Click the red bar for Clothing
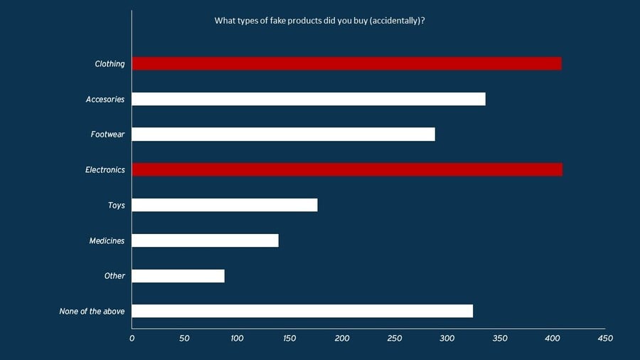pyautogui.click(x=346, y=64)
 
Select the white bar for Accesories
pyautogui.click(x=309, y=99)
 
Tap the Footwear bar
pyautogui.click(x=283, y=134)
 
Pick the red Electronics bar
pyautogui.click(x=347, y=169)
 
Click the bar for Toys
pyautogui.click(x=225, y=205)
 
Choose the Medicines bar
pyautogui.click(x=205, y=240)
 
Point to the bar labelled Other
pyautogui.click(x=178, y=276)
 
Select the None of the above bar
pyautogui.click(x=302, y=311)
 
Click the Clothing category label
pyautogui.click(x=110, y=64)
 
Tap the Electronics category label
pyautogui.click(x=105, y=170)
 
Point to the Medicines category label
pyautogui.click(x=107, y=240)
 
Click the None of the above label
pyautogui.click(x=92, y=312)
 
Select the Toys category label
pyautogui.click(x=116, y=206)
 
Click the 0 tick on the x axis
pyautogui.click(x=132, y=338)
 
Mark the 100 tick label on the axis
pyautogui.click(x=237, y=338)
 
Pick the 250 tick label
pyautogui.click(x=395, y=338)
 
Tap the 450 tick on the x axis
pyautogui.click(x=605, y=338)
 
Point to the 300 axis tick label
pyautogui.click(x=447, y=338)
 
